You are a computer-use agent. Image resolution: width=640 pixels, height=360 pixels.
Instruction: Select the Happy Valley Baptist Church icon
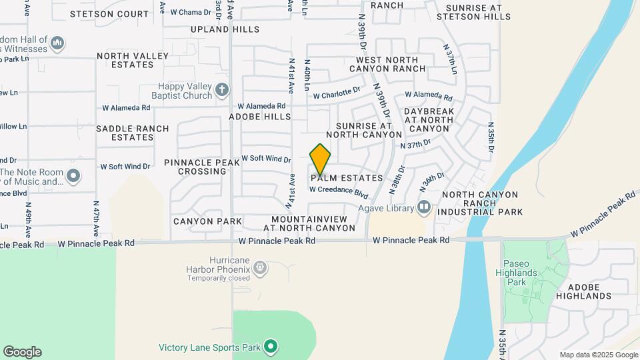[x=222, y=89]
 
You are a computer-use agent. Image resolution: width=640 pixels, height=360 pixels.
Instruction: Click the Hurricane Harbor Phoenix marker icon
[x=259, y=269]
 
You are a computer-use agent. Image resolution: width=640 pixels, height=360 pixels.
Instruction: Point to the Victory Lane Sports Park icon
[x=270, y=347]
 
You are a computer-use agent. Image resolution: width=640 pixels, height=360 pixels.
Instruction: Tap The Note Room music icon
[x=73, y=177]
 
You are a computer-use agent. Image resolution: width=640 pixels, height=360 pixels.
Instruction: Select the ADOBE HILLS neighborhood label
[x=260, y=117]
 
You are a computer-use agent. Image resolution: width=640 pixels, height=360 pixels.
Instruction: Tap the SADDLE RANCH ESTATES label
[x=124, y=133]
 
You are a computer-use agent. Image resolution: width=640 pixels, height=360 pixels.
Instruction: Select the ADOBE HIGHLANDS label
[x=583, y=291]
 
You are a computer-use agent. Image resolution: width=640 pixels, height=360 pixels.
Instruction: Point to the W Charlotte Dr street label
[x=337, y=94]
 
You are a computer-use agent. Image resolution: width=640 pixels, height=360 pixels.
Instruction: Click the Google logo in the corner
[x=22, y=352]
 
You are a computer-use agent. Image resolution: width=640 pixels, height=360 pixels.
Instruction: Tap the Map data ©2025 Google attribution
[x=599, y=355]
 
